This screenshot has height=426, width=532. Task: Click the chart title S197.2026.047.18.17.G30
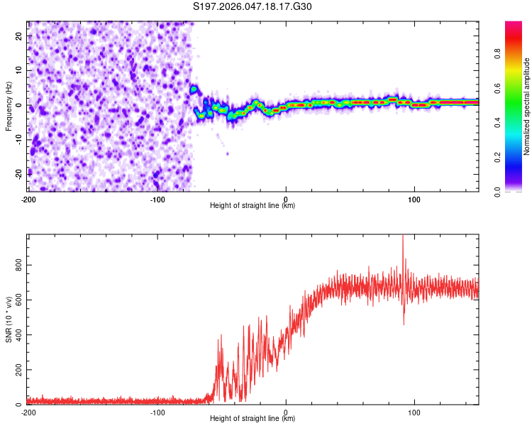253,6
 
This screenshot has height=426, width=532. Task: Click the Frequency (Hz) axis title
9,106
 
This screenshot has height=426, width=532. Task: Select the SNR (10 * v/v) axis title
9,319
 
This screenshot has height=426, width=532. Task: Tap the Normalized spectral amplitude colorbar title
527,106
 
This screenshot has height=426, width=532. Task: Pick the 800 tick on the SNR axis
16,265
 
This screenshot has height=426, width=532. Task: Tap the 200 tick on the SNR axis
16,370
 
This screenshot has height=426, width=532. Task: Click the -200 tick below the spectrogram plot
28,199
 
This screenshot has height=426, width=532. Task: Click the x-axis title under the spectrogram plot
253,206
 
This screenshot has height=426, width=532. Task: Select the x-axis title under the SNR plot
253,419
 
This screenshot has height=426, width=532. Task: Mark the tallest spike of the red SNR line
403,237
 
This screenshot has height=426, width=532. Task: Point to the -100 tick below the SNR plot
157,412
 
